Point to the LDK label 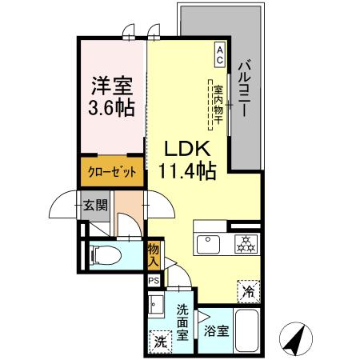point(187,149)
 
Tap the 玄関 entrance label point(96,205)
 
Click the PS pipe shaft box point(153,281)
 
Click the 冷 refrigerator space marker point(249,292)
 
